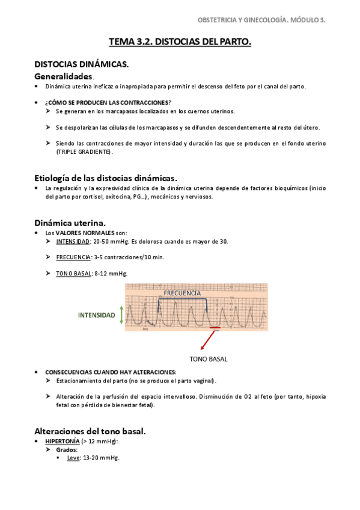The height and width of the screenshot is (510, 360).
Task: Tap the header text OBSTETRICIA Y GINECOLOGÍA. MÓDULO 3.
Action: [261, 20]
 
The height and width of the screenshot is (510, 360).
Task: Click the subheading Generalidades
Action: [63, 76]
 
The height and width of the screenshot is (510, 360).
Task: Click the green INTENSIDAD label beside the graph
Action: [97, 315]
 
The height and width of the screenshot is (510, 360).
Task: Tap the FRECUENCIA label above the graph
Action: [182, 293]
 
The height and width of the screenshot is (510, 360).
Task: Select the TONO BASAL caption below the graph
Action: [209, 358]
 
